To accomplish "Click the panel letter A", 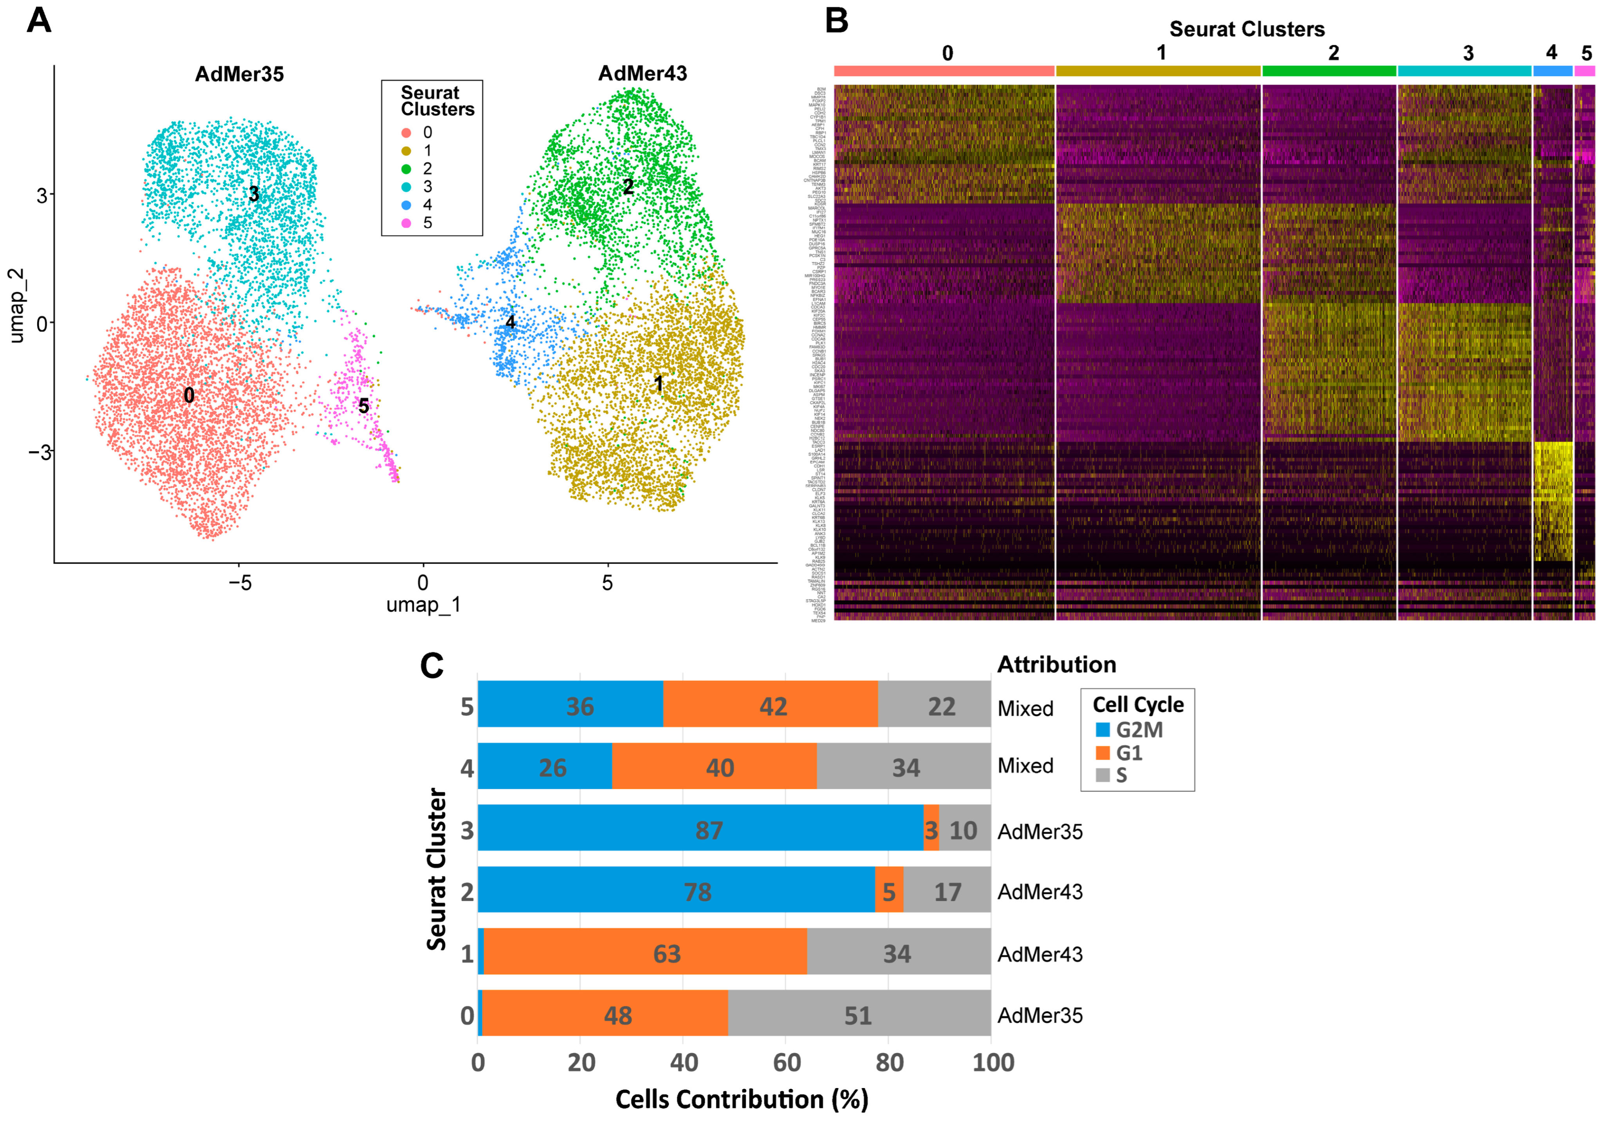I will pos(39,20).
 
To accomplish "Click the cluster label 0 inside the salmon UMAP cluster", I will pos(189,396).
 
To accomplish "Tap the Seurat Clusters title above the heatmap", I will pos(1247,29).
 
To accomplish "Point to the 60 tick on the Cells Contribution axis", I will pos(787,1063).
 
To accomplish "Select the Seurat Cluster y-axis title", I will pos(437,869).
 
